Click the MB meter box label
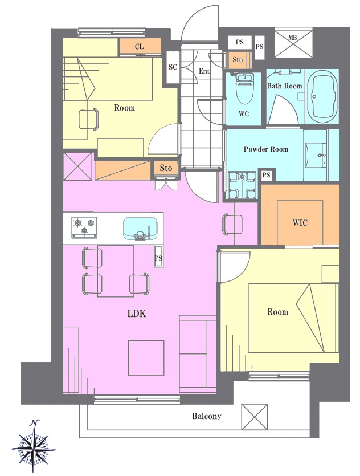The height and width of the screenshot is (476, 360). [292, 38]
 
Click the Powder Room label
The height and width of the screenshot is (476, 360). [266, 149]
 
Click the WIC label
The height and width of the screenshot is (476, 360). [300, 223]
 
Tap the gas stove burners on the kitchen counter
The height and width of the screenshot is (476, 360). [84, 227]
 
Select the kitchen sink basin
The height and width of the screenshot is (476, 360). [140, 228]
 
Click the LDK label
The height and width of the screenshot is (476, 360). [137, 314]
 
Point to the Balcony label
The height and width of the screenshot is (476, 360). [207, 416]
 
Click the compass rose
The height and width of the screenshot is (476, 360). [33, 447]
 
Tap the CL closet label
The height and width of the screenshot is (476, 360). [139, 46]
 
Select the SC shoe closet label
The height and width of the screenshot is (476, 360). [173, 67]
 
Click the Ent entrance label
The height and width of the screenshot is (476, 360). [204, 71]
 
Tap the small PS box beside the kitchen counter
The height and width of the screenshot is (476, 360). [158, 257]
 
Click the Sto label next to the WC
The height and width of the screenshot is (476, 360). [238, 59]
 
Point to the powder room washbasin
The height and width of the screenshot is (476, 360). [316, 155]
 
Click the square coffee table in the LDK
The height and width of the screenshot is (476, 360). [146, 357]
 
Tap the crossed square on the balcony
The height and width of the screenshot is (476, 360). [255, 417]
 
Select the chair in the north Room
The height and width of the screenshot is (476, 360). [89, 119]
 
